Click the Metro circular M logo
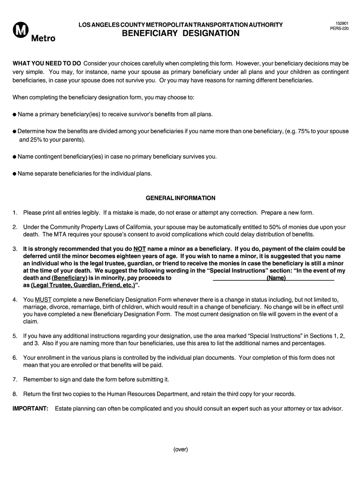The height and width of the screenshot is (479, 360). click(21, 32)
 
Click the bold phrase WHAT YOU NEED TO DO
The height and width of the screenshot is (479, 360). click(47, 63)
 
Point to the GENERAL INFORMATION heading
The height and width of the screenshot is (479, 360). click(180, 198)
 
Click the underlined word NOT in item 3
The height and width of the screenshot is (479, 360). click(140, 249)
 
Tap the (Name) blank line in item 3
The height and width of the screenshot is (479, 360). click(276, 278)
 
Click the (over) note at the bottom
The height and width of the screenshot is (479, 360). click(180, 450)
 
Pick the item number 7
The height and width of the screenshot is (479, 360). click(15, 379)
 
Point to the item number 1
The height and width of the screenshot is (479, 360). click(15, 213)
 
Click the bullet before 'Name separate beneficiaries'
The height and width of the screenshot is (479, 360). click(14, 174)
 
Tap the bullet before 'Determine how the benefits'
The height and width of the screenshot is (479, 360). click(14, 131)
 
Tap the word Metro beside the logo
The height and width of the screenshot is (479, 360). click(43, 38)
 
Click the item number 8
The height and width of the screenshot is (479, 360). click(15, 394)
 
